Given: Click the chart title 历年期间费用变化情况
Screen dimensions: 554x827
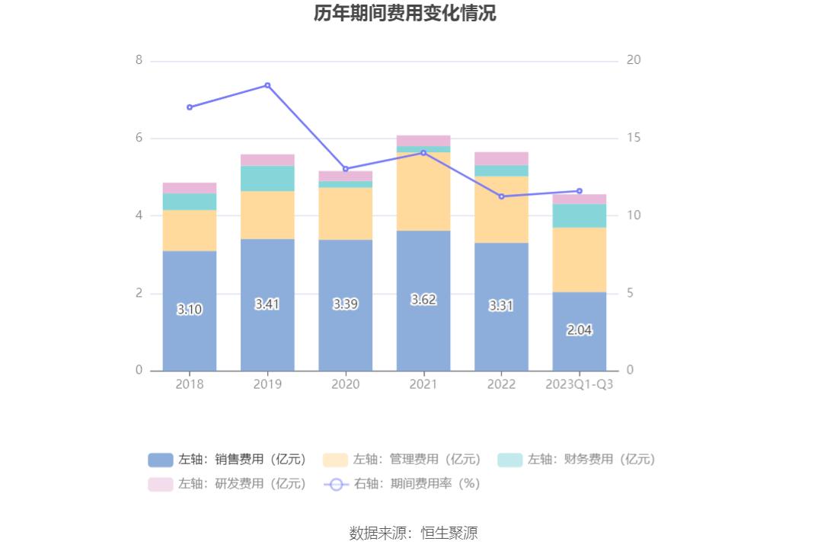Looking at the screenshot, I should pos(404,14).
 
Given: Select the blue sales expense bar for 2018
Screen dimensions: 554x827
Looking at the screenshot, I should pos(190,335).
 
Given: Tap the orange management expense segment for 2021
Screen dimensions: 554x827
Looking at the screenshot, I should pos(423,191).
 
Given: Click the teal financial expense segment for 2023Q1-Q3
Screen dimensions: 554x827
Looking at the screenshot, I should pos(580,215).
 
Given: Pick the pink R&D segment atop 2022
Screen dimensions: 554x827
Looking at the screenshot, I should pos(501,158).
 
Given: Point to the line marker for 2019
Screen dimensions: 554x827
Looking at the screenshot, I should pos(267,85).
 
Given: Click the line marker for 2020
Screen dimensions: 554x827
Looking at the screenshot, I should pos(345,169).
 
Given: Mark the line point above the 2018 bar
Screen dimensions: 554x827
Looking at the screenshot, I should pos(190,107).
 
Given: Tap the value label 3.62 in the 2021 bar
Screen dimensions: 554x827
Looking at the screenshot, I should pos(423,300).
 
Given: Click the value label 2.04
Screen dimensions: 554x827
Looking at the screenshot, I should pos(580,330).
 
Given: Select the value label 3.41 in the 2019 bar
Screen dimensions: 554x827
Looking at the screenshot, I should pos(267,304).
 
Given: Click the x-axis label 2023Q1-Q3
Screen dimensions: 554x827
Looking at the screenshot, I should pos(580,384).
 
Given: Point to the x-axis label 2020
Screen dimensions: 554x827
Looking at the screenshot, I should pos(345,384).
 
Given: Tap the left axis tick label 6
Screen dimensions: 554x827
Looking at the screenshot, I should pos(139,138).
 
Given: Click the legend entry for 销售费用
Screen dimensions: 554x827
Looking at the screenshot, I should pos(228,460).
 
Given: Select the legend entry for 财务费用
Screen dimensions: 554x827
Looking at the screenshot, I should pos(577,460).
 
